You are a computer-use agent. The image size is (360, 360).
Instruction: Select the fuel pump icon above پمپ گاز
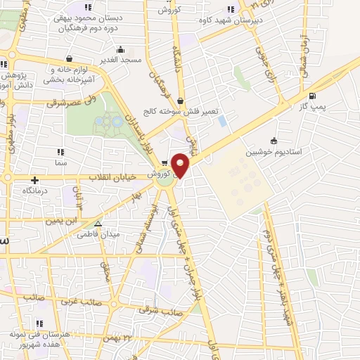(312, 96)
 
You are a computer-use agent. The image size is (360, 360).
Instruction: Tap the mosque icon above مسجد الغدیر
(122, 49)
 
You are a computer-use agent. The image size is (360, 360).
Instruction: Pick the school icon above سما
(61, 151)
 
